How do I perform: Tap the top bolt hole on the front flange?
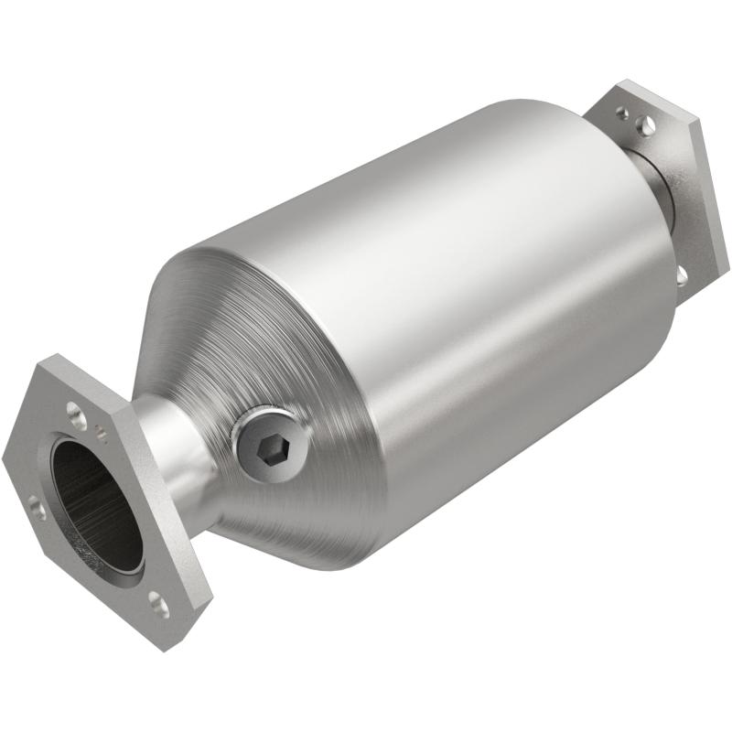pos(78,416)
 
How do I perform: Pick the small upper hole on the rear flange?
pos(623,113)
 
